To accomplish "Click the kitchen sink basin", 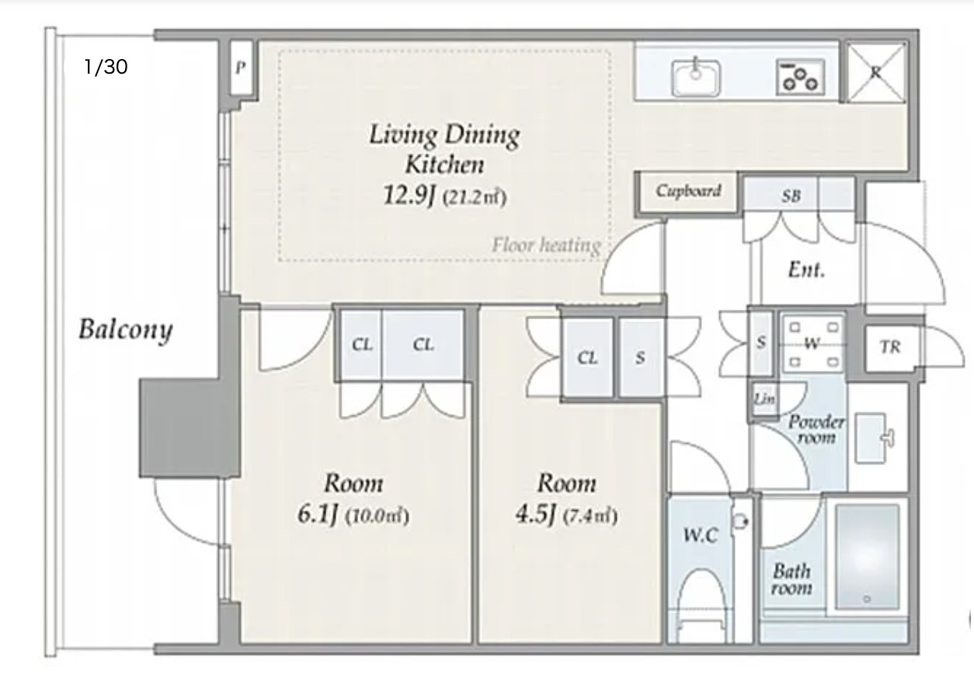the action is [696, 78].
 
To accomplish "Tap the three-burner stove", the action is [800, 77].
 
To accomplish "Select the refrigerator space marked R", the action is [876, 71].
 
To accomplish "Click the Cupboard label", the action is [688, 191].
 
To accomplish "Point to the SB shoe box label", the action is [791, 196].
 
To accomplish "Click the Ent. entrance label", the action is [806, 269].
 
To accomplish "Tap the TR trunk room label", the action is [890, 347].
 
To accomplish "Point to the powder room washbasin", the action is [871, 438].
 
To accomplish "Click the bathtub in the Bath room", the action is [868, 557].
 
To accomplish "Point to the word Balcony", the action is [126, 330].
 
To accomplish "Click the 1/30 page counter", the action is [106, 67].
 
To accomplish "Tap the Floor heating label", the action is [547, 245].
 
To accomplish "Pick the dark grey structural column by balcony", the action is [190, 428].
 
